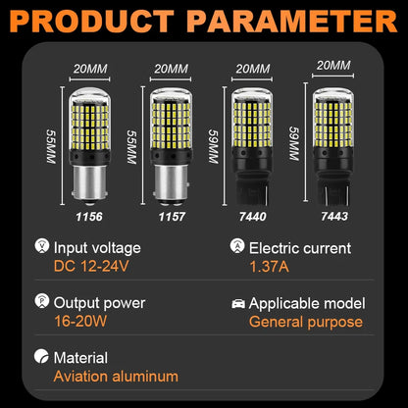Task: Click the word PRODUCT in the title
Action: pyautogui.click(x=92, y=22)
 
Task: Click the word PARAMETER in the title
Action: pyautogui.click(x=292, y=22)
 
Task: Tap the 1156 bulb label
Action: pyautogui.click(x=89, y=217)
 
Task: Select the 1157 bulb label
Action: pyautogui.click(x=172, y=217)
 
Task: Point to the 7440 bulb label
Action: pyautogui.click(x=252, y=217)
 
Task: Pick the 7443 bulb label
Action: pyautogui.click(x=334, y=216)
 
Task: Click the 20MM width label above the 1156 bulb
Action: pyautogui.click(x=90, y=69)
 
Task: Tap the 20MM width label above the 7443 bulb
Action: pyautogui.click(x=333, y=66)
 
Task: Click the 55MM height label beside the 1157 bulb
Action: pyautogui.click(x=131, y=147)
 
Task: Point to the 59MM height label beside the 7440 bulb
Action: pyautogui.click(x=213, y=146)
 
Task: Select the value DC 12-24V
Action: pyautogui.click(x=91, y=267)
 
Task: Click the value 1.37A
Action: pyautogui.click(x=270, y=267)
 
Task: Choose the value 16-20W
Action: pyautogui.click(x=80, y=322)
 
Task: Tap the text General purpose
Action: pyautogui.click(x=306, y=323)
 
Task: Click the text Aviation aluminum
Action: pyautogui.click(x=116, y=377)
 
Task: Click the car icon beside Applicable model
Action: pyautogui.click(x=238, y=304)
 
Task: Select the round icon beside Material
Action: pyautogui.click(x=41, y=356)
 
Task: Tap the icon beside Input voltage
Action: pyautogui.click(x=42, y=246)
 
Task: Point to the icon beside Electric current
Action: pyautogui.click(x=237, y=246)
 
